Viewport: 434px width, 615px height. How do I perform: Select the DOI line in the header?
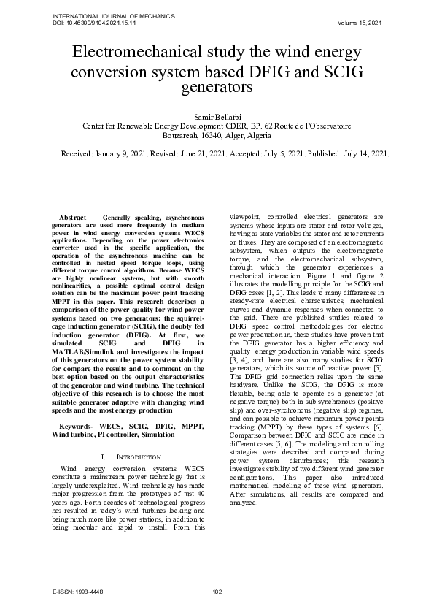94,23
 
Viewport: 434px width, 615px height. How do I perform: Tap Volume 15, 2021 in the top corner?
360,23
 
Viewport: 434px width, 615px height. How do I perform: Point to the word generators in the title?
217,88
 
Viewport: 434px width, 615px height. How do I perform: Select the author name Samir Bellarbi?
217,116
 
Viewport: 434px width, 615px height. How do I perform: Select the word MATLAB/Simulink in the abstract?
88,350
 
